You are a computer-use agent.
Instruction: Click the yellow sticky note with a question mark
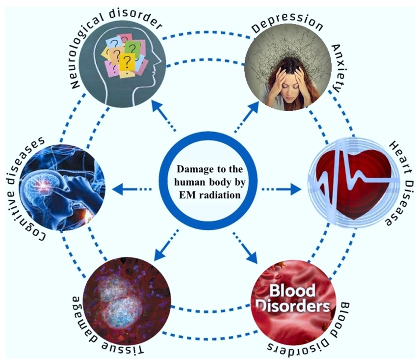click(127, 60)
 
